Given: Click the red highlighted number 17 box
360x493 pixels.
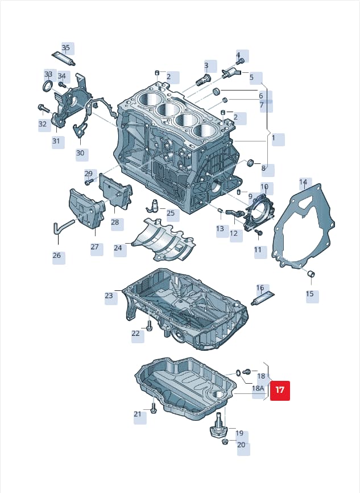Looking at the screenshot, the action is pos(280,391).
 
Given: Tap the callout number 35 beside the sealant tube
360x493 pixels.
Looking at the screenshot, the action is pos(65,48).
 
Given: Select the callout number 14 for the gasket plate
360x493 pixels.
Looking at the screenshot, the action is pos(303,182).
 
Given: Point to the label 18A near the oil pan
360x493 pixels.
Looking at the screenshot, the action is pos(258,388).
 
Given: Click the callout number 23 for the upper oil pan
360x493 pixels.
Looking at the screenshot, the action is pos(109,295).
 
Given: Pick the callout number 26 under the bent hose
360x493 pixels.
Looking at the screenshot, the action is pos(56,255).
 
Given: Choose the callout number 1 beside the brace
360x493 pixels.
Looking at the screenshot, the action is pos(274,138).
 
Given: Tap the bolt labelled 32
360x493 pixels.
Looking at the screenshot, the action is pos(43,108).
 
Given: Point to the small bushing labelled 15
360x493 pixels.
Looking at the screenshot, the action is pos(311,274).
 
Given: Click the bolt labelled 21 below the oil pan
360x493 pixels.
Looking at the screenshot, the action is pos(153,408).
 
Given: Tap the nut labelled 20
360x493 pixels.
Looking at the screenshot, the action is pos(225,442).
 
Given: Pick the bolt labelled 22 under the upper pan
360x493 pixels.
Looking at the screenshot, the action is pos(149,326).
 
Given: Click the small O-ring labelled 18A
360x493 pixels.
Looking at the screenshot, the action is pos(238,373).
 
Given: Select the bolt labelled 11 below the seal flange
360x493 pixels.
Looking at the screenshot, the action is pos(259,232).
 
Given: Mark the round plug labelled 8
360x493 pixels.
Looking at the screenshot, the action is pos(251,163).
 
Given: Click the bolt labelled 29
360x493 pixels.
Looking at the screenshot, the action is pos(89,182).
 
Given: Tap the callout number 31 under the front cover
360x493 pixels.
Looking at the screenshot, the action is pos(56,141).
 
